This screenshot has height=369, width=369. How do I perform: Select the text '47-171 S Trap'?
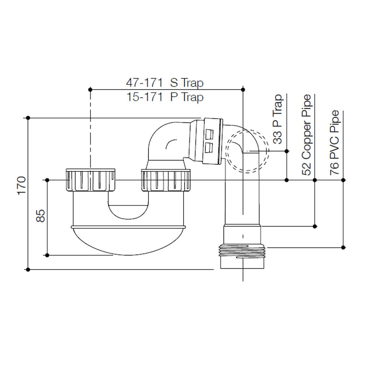point(165,82)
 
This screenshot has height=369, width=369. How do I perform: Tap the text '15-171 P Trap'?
point(165,97)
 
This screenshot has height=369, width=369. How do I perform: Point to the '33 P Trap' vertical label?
point(279,119)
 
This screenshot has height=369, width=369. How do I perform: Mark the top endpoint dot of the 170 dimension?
point(28,118)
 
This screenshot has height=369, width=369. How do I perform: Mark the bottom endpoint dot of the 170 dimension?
point(28,270)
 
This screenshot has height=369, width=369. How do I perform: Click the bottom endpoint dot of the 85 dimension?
point(47,255)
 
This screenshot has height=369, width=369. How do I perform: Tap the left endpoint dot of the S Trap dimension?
point(90,89)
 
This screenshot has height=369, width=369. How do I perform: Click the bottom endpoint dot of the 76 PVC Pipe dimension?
point(343,247)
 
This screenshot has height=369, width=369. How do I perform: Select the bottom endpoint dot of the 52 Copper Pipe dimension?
point(315,226)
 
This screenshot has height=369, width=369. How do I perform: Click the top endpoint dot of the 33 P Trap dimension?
point(287,151)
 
